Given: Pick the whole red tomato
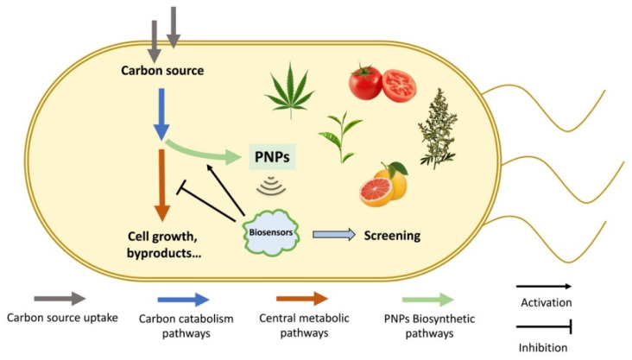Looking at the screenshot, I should coord(367,82).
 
